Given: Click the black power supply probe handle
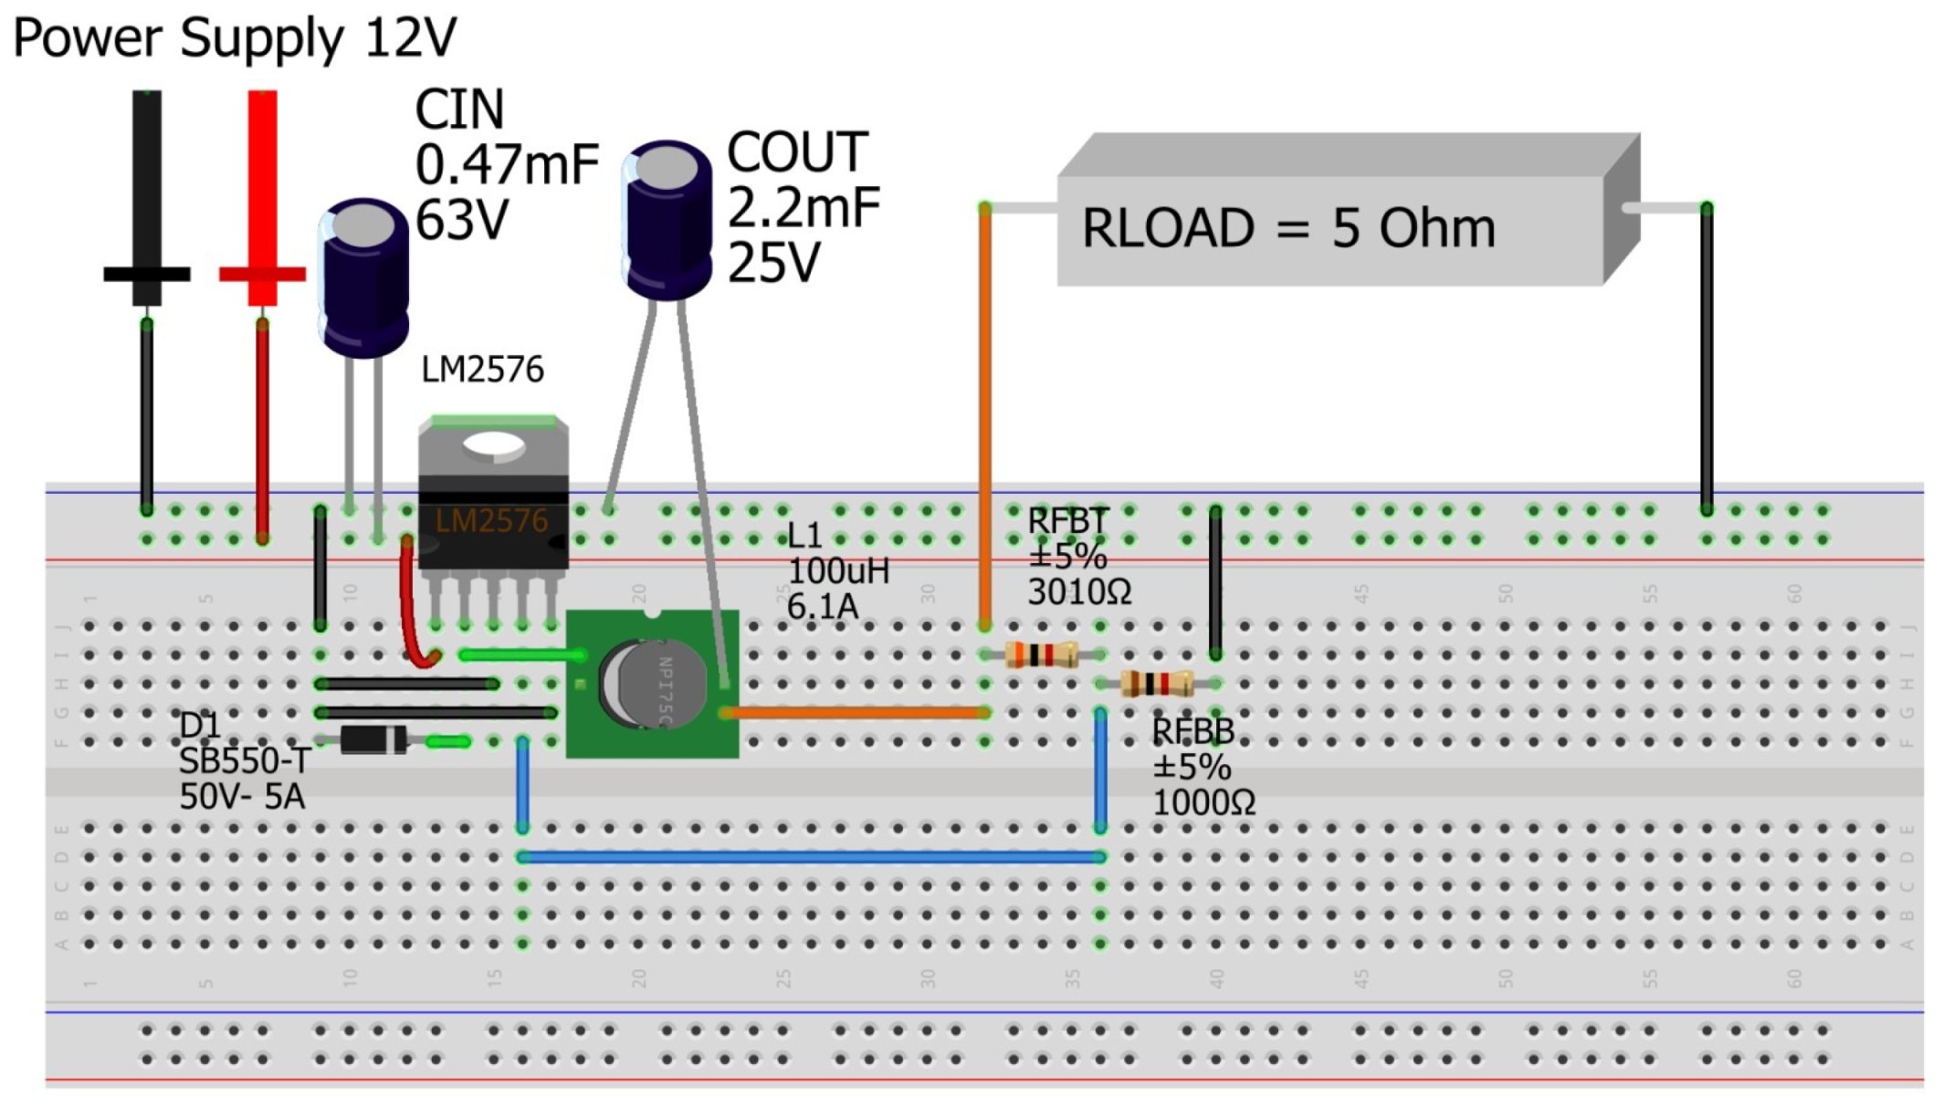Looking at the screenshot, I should coord(147,183).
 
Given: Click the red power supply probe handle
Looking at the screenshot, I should coord(262,183).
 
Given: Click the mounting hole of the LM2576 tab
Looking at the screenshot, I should coord(493,444).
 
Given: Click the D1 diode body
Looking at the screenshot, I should coord(373,740).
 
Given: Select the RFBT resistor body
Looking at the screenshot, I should coord(1041,654).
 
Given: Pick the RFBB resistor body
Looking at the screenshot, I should coord(1157,684).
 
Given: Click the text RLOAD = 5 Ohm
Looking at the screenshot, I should coord(1287,228).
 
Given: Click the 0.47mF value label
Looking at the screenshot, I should coord(507,165).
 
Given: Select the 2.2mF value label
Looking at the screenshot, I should coord(804,208).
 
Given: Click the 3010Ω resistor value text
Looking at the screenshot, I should coord(1079,593).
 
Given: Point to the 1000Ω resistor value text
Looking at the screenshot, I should coord(1203,803).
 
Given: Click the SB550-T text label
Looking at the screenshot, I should coord(244,760).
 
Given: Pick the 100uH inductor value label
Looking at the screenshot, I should coord(837,571).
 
